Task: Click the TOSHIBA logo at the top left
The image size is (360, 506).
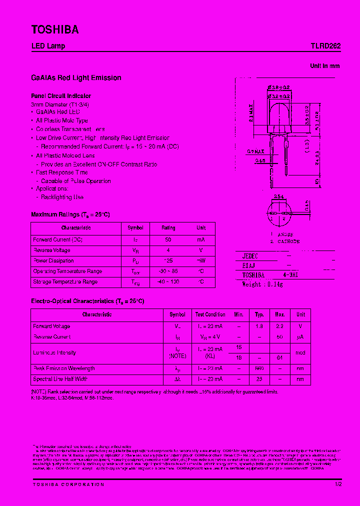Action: (55, 30)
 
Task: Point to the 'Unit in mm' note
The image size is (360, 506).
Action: (324, 66)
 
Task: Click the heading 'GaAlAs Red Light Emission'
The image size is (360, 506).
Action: (76, 78)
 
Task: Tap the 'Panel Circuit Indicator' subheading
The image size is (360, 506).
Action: (61, 96)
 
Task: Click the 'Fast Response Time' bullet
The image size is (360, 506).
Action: (61, 172)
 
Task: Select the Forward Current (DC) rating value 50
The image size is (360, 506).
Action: (168, 240)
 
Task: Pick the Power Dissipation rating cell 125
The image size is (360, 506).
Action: (168, 261)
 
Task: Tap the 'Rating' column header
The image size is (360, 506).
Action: (168, 228)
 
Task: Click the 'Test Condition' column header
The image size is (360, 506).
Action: (210, 315)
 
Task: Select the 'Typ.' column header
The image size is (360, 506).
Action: (259, 315)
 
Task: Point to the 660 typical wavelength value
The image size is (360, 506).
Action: (259, 368)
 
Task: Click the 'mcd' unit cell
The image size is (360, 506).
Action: (300, 353)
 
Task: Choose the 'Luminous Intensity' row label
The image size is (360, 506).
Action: (55, 353)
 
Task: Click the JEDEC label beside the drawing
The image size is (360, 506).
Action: (250, 255)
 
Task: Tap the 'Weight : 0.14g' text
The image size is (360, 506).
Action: (262, 284)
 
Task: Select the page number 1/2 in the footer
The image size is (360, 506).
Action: (338, 484)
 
